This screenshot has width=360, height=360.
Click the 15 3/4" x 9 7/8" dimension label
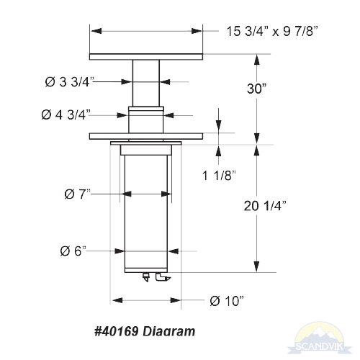[272, 31]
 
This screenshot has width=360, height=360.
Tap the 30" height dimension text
[257, 89]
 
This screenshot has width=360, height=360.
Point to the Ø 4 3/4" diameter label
[66, 114]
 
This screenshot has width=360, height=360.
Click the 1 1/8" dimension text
[219, 176]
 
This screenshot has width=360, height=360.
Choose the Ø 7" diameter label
[78, 194]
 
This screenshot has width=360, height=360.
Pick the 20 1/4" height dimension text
[265, 206]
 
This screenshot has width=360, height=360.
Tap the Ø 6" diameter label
[73, 251]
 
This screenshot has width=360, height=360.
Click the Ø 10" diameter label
[227, 301]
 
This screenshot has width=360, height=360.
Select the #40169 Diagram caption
[145, 331]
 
